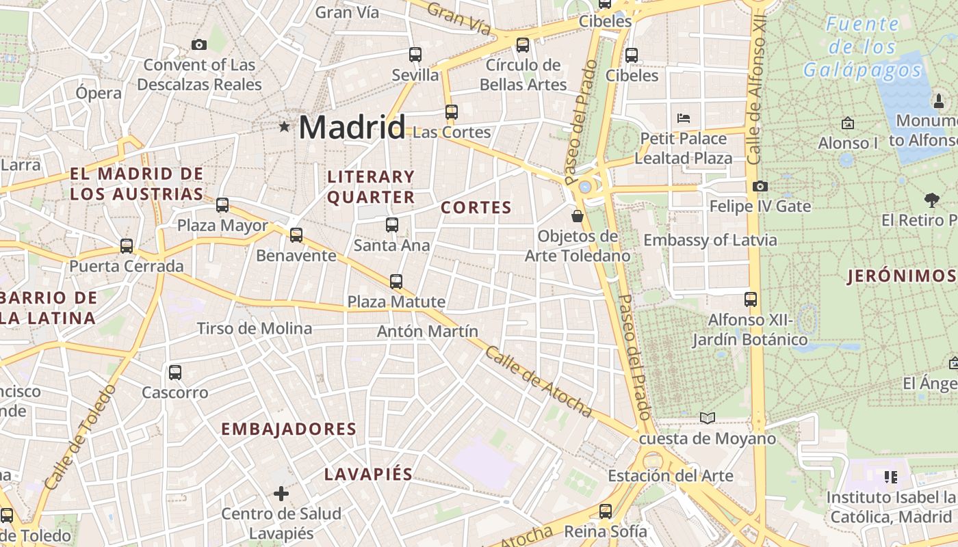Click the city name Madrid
[x=352, y=127]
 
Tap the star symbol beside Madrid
[x=284, y=126]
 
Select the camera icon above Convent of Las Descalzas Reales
[x=199, y=44]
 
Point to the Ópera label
[x=99, y=93]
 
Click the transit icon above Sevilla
[x=415, y=54]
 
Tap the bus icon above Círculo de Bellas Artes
[x=523, y=45]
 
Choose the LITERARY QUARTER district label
[x=371, y=187]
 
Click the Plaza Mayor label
[x=222, y=225]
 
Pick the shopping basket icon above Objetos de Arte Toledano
[x=578, y=216]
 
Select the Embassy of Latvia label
[x=710, y=240]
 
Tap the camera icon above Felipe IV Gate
[x=760, y=186]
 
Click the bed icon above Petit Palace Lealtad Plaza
[x=683, y=118]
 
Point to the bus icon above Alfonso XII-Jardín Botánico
[x=751, y=299]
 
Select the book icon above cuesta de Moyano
[x=708, y=418]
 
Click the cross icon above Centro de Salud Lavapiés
[x=281, y=493]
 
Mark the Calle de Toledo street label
[x=81, y=438]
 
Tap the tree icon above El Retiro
[x=931, y=200]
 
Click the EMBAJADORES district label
[x=289, y=429]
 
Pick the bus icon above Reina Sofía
[x=606, y=511]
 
